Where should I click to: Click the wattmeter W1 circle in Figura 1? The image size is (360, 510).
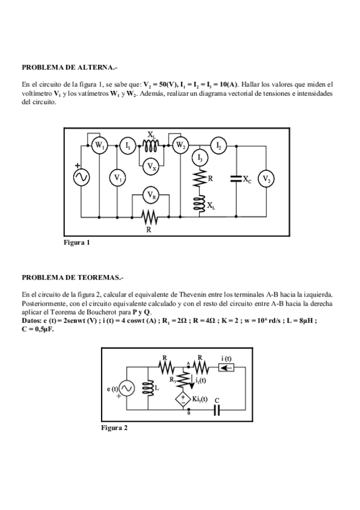click(100, 146)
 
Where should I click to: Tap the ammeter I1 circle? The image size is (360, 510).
click(127, 146)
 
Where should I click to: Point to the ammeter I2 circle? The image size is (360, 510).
click(219, 146)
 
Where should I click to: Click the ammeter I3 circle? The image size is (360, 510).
click(200, 158)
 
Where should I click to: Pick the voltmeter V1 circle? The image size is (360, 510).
click(117, 178)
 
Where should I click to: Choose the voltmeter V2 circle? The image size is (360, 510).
click(266, 179)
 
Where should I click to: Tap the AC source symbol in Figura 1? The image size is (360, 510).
click(80, 178)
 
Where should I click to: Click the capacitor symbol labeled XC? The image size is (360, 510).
click(236, 178)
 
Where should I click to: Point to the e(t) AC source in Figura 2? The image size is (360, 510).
click(127, 389)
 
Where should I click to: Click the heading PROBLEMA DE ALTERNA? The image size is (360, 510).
click(66, 67)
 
